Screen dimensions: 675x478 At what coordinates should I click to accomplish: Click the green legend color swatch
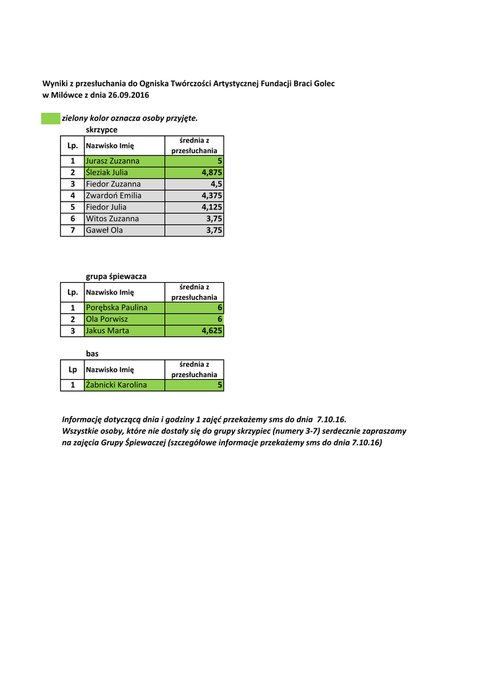51,119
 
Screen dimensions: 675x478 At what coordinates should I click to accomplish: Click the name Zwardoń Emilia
114,196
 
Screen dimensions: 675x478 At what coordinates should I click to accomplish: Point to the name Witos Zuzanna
113,218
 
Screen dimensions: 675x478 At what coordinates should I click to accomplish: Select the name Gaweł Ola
104,230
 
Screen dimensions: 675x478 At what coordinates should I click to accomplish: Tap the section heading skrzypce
102,130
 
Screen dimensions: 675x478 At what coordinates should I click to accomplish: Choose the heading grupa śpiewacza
116,276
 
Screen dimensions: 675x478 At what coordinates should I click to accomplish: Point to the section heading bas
92,353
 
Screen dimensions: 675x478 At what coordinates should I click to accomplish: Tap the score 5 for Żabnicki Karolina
220,385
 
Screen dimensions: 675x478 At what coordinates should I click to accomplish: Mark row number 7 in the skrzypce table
72,230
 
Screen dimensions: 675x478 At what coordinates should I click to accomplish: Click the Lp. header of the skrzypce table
73,145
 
